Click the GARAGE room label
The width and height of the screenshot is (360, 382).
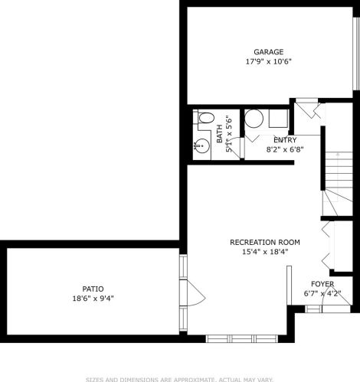tap(268, 52)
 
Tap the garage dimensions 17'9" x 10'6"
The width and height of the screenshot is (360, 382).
tap(268, 62)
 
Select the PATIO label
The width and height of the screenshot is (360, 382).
tap(93, 289)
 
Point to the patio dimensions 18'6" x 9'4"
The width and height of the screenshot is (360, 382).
tap(93, 299)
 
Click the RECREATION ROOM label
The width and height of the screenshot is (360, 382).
tap(265, 242)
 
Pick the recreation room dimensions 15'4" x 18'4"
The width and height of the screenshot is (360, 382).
tap(265, 252)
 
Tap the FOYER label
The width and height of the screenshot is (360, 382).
tap(322, 284)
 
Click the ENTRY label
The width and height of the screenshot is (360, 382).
tap(285, 140)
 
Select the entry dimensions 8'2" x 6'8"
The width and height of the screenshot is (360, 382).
tap(285, 149)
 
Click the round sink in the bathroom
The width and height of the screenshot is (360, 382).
tap(202, 146)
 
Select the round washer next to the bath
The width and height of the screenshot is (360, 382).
tap(254, 119)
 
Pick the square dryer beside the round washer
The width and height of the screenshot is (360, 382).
tap(278, 119)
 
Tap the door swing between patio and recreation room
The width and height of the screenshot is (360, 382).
tap(196, 292)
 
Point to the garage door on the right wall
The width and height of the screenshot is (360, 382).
tap(355, 54)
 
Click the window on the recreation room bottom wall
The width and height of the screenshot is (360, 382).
tap(241, 338)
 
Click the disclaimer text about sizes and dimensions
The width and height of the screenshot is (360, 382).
tap(179, 380)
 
